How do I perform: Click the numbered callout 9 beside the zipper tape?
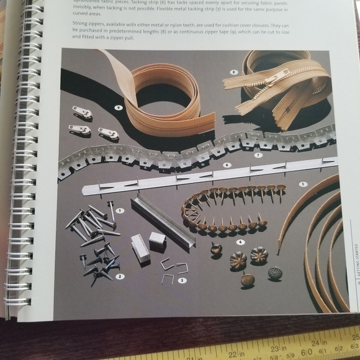[117, 107]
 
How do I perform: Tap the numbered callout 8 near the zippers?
[233, 72]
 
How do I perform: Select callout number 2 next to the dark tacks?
[120, 276]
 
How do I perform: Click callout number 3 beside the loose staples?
[182, 280]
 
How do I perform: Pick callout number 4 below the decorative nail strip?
[240, 241]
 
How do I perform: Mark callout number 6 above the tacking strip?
[226, 166]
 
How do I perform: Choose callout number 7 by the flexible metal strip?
[257, 155]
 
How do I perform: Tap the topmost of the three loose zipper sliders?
[82, 112]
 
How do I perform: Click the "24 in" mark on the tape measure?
[319, 343]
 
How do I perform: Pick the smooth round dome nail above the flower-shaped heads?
[215, 249]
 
